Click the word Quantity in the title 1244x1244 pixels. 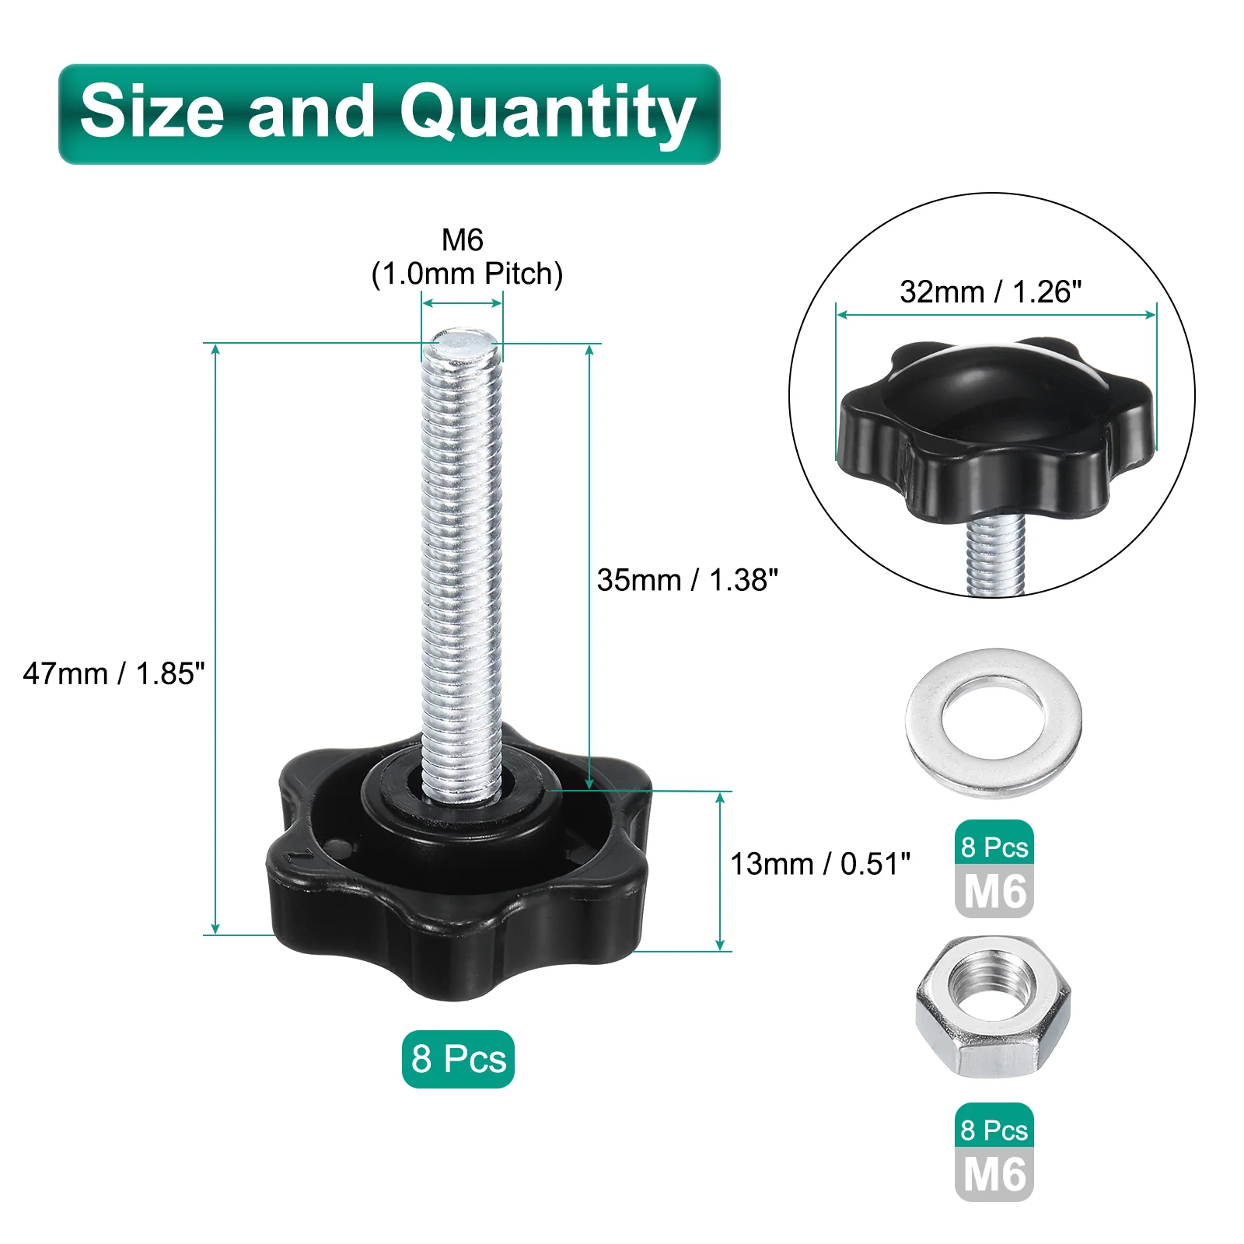click(x=547, y=114)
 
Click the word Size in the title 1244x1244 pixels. click(x=152, y=111)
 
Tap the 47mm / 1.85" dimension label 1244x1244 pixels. click(x=114, y=673)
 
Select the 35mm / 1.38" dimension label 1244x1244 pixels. click(x=687, y=580)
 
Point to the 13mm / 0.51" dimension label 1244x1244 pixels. click(x=820, y=864)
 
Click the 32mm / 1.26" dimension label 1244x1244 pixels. click(x=991, y=292)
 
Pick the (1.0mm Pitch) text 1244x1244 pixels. click(x=466, y=274)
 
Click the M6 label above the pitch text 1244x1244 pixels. click(x=463, y=239)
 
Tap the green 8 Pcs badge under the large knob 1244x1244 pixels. click(x=458, y=1059)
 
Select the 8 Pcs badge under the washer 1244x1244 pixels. click(x=994, y=845)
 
